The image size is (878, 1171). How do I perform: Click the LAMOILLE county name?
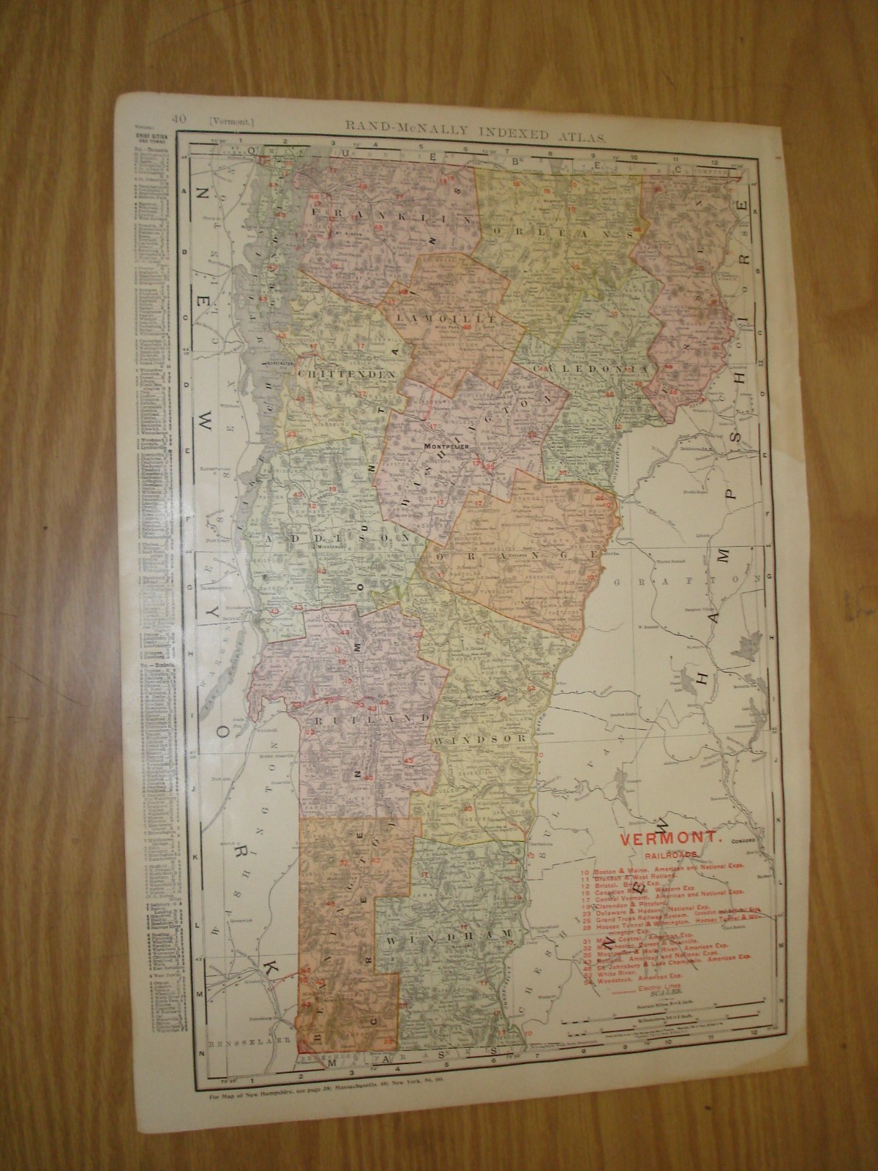pyautogui.click(x=452, y=318)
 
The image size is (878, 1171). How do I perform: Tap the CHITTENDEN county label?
pyautogui.click(x=346, y=373)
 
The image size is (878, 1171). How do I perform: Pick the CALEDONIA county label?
pyautogui.click(x=590, y=368)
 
